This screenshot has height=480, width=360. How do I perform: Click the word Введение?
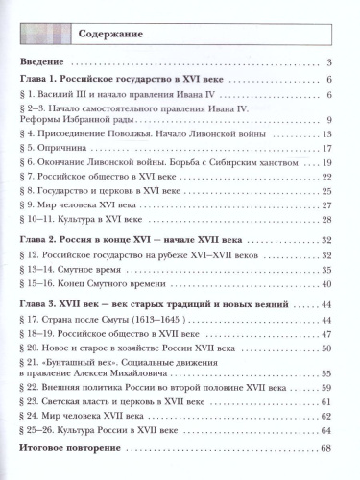pos(43,63)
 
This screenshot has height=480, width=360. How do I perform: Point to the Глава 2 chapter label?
pos(42,237)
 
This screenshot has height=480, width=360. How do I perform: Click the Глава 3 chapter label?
pos(42,303)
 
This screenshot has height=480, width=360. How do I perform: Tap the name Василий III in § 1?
pos(67,94)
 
